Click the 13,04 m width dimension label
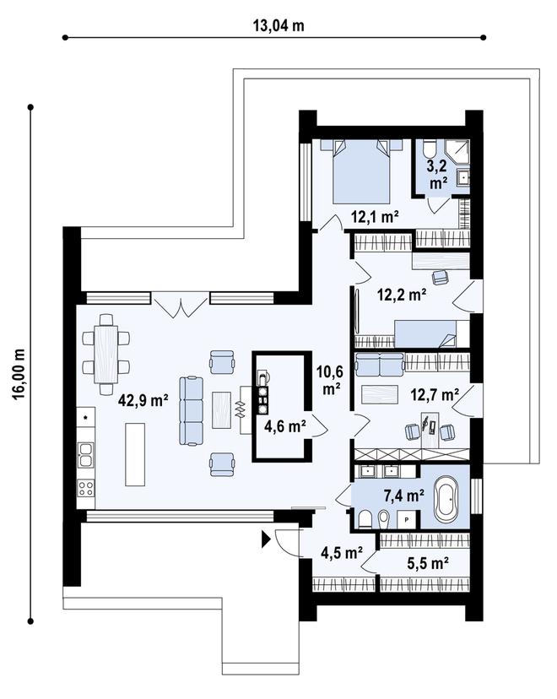(278, 25)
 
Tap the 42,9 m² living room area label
(143, 400)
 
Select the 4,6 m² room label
(284, 426)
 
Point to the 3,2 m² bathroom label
(438, 174)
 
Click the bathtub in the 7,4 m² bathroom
(446, 499)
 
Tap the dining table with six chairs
(106, 355)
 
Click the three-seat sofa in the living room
(192, 410)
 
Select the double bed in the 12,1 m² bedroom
(361, 171)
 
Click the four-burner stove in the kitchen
(85, 488)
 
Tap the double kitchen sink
(85, 454)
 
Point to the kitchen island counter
(135, 454)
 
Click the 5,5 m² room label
(428, 563)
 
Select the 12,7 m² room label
(435, 394)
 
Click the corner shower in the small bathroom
(458, 151)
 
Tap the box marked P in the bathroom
(407, 519)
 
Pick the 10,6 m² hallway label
(330, 380)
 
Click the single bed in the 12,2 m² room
(432, 333)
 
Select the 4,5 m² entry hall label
(341, 553)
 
